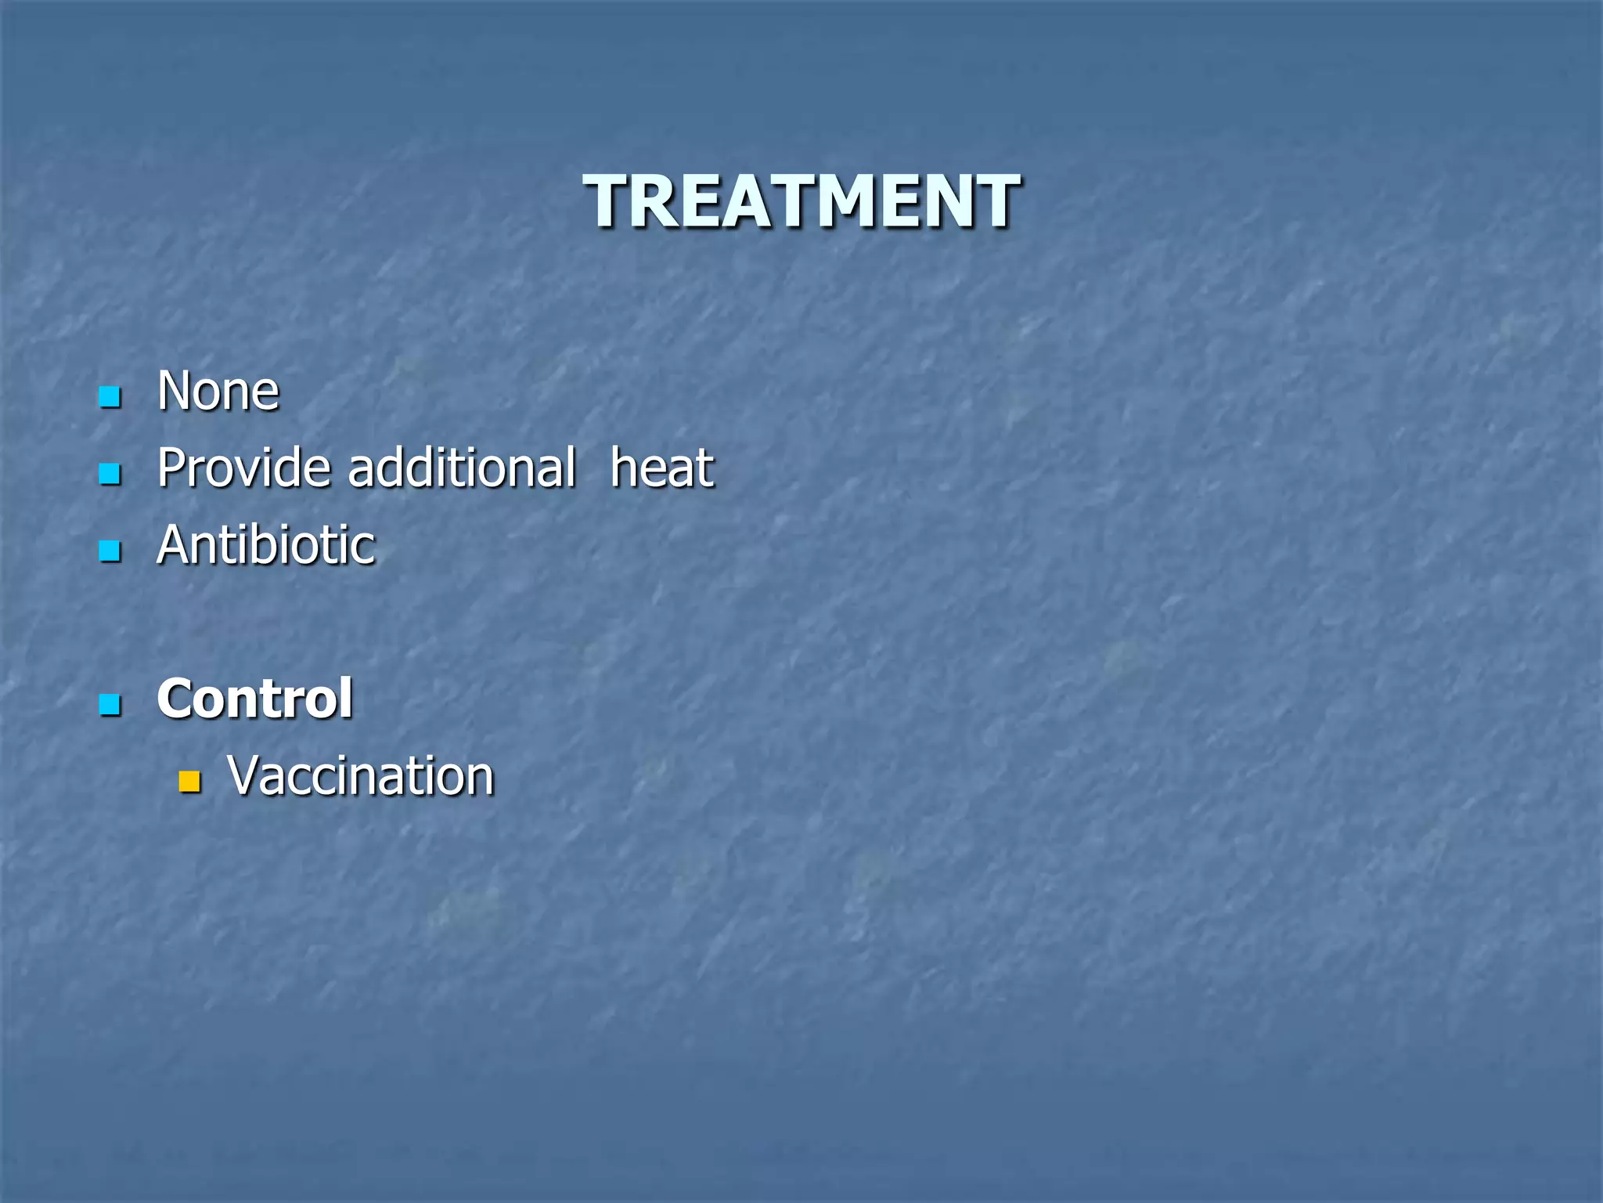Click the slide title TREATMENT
(x=801, y=201)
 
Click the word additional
(x=462, y=468)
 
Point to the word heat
(x=661, y=468)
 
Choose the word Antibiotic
(x=266, y=544)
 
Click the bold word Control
(x=254, y=698)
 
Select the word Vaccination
(x=361, y=775)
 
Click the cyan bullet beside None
(x=110, y=396)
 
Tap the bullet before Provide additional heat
(x=110, y=474)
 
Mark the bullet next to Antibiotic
(x=110, y=551)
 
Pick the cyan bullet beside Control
(x=110, y=705)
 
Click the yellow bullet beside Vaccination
(x=189, y=781)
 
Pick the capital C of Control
(x=175, y=698)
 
